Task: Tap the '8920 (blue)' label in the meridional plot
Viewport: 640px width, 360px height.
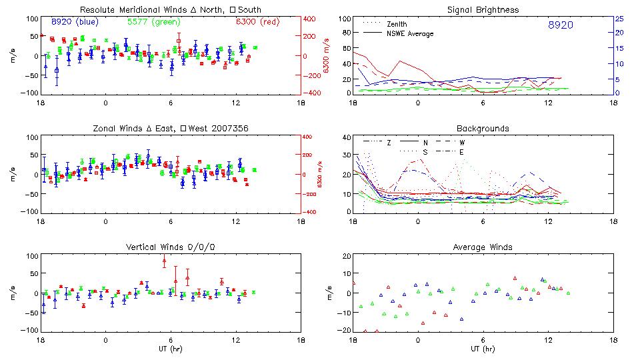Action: (x=75, y=21)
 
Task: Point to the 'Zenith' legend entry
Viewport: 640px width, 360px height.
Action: (x=397, y=24)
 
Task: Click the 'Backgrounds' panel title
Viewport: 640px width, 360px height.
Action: (x=483, y=128)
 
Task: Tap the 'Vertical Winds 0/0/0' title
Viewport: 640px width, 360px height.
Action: (x=170, y=247)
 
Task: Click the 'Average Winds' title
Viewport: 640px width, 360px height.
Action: (x=483, y=247)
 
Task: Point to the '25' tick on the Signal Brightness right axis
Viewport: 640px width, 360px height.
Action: (x=619, y=19)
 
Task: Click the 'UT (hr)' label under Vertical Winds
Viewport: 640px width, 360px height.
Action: (x=170, y=348)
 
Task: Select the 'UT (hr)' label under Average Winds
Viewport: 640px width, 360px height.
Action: (x=483, y=348)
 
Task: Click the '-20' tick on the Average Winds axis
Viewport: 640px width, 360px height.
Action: (x=343, y=330)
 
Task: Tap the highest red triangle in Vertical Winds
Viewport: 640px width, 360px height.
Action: (x=164, y=261)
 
